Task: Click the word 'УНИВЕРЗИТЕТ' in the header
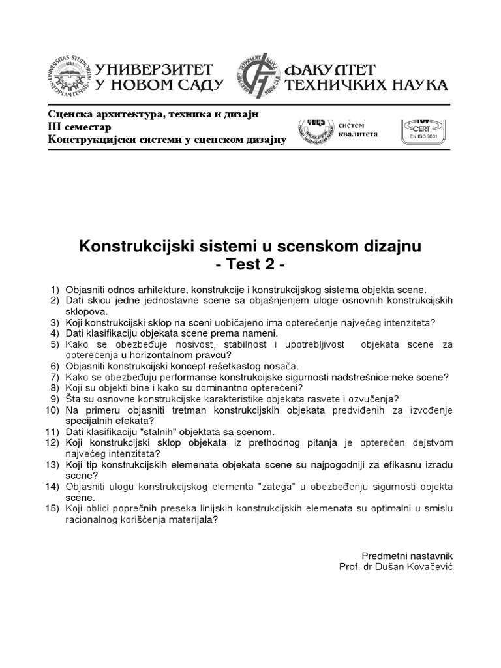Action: click(155, 68)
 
